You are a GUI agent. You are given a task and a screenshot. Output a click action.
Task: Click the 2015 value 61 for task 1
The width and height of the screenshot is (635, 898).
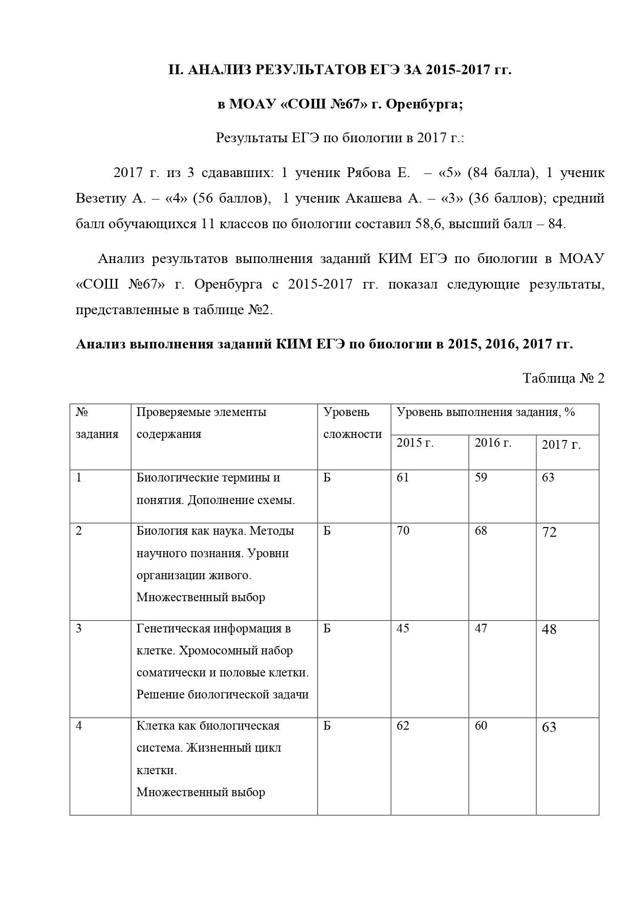pyautogui.click(x=403, y=478)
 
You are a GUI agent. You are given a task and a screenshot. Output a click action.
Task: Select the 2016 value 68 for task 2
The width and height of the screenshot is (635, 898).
pyautogui.click(x=481, y=531)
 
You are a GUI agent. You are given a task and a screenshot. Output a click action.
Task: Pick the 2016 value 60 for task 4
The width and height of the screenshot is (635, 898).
pyautogui.click(x=481, y=726)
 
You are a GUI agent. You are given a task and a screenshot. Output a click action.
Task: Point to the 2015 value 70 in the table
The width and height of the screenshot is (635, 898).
pyautogui.click(x=403, y=531)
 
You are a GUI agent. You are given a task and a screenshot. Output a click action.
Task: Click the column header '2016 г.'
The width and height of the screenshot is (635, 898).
pyautogui.click(x=493, y=443)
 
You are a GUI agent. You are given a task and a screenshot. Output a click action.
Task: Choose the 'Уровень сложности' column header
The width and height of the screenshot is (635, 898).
pyautogui.click(x=353, y=423)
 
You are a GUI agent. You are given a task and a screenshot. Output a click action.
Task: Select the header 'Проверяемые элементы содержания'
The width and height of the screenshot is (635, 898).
pyautogui.click(x=202, y=423)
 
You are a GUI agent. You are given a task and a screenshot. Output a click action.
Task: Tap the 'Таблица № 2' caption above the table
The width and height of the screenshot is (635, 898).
pyautogui.click(x=563, y=379)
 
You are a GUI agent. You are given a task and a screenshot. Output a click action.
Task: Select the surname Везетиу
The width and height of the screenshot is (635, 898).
pyautogui.click(x=100, y=199)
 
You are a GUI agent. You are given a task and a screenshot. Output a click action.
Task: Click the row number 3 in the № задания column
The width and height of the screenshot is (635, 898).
pyautogui.click(x=79, y=628)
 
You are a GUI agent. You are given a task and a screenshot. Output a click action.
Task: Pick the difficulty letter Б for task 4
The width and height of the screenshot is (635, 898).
pyautogui.click(x=327, y=726)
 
